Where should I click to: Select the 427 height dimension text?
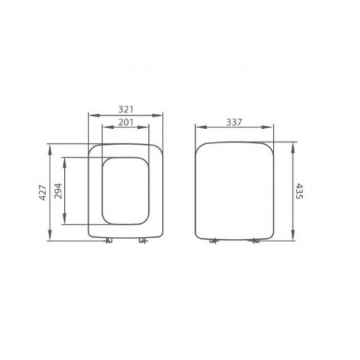coord(42,192)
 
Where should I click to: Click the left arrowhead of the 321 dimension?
coord(89,115)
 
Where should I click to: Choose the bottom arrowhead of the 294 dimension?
coord(66,222)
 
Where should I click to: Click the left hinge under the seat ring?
coord(108,241)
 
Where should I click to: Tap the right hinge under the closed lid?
coord(253,242)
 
